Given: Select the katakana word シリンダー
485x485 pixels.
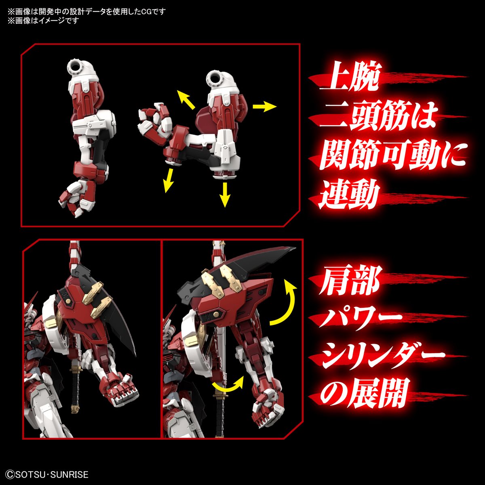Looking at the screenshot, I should click(x=382, y=357).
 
